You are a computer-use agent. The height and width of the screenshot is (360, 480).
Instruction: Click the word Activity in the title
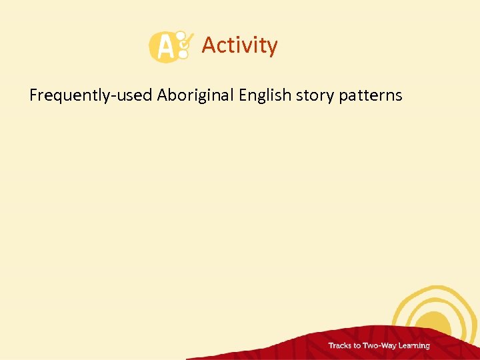point(239,45)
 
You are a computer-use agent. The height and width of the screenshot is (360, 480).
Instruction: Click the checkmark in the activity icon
point(186,42)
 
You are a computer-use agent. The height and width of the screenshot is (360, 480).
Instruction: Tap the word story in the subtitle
point(315,95)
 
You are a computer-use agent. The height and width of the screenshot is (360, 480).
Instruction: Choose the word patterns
point(370,95)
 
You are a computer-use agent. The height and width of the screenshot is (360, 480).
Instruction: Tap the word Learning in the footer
point(414,346)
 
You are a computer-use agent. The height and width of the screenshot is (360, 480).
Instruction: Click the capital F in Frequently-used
point(34,95)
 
